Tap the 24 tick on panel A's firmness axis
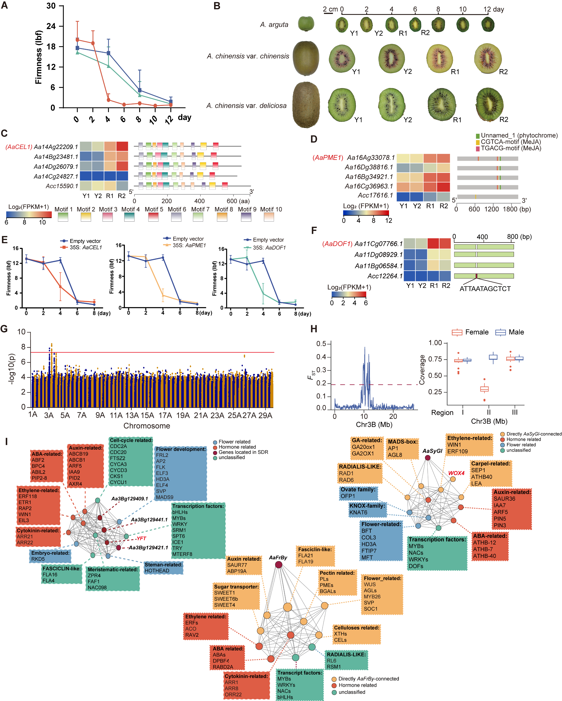coord(51,26)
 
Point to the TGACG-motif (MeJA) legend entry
coord(511,148)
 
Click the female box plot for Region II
coord(484,389)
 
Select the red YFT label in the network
coord(141,539)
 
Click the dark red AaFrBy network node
coord(278,565)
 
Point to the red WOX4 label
coord(456,473)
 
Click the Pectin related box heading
coord(337,573)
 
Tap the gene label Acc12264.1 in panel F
coord(385,276)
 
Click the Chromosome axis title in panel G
coord(147,426)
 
